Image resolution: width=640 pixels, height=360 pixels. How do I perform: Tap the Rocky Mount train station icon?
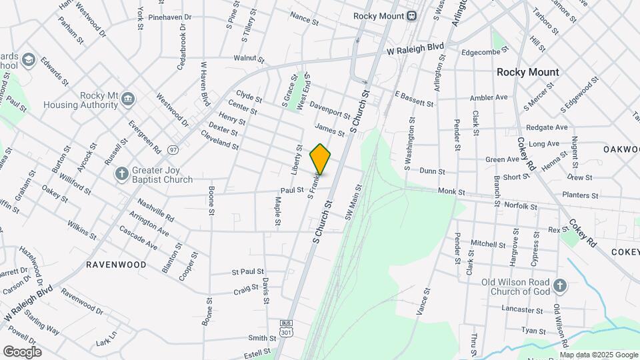[x=412, y=16]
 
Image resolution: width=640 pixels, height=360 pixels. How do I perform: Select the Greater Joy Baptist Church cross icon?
[x=121, y=173]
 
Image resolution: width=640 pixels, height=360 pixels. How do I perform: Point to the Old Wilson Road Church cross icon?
[x=559, y=286]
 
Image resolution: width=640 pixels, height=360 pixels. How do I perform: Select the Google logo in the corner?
[x=22, y=352]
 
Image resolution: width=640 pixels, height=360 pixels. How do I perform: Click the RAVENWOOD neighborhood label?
[x=116, y=265]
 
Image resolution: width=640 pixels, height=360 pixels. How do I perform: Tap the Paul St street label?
[x=292, y=190]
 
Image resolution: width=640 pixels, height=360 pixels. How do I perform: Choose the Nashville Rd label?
[x=155, y=209]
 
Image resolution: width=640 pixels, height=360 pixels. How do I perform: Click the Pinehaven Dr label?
[x=169, y=17]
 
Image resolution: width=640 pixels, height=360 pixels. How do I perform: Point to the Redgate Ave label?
[x=547, y=127]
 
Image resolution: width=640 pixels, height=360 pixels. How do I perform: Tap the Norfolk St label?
[x=520, y=207]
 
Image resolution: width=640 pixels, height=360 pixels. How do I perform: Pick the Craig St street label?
[x=246, y=291]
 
